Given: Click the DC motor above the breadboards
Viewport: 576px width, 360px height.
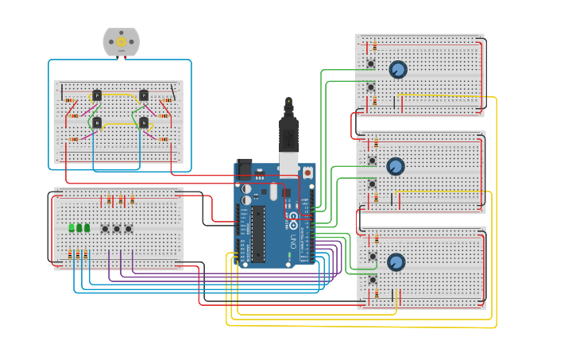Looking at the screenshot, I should point(121,41).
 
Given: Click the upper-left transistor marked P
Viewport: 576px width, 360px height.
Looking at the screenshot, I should point(97,95).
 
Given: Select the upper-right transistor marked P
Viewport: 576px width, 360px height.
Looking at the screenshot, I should point(144,95).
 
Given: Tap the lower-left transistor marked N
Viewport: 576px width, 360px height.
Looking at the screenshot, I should point(97,123).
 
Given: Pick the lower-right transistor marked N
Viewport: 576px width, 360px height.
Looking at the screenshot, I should point(144,123).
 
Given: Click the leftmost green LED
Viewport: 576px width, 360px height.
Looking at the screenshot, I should point(72,228).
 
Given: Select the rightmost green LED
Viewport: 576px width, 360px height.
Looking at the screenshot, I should point(87,228).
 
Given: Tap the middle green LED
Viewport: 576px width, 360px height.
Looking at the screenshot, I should point(79,228).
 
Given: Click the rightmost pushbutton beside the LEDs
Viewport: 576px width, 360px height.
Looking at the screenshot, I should point(129,229).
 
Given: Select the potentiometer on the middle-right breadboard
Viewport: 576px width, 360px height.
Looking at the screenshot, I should point(395,166).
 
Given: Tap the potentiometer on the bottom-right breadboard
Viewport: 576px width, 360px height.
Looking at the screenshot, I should point(396,262).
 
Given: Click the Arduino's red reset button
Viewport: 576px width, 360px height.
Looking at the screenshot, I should point(307,172).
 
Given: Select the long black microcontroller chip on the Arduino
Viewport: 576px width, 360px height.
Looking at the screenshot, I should point(258,234).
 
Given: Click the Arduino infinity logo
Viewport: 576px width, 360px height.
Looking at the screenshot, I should point(292,216).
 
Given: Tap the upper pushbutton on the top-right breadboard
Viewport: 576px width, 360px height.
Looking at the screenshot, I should point(371,64).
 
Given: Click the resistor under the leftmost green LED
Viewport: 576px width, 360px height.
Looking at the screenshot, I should point(70,254).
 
